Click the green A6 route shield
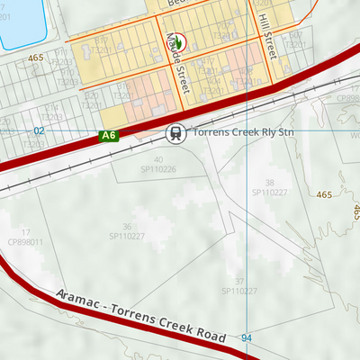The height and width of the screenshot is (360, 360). [109, 136]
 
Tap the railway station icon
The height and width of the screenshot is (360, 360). [175, 133]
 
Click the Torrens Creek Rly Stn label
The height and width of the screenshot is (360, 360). [246, 131]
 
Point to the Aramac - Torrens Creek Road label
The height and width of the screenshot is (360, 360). [139, 316]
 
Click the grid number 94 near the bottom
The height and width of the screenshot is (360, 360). [247, 337]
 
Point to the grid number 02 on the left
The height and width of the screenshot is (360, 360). [39, 131]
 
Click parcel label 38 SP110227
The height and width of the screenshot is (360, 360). [269, 187]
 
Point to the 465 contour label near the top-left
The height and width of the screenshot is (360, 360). [36, 58]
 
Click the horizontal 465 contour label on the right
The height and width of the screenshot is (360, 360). [323, 194]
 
